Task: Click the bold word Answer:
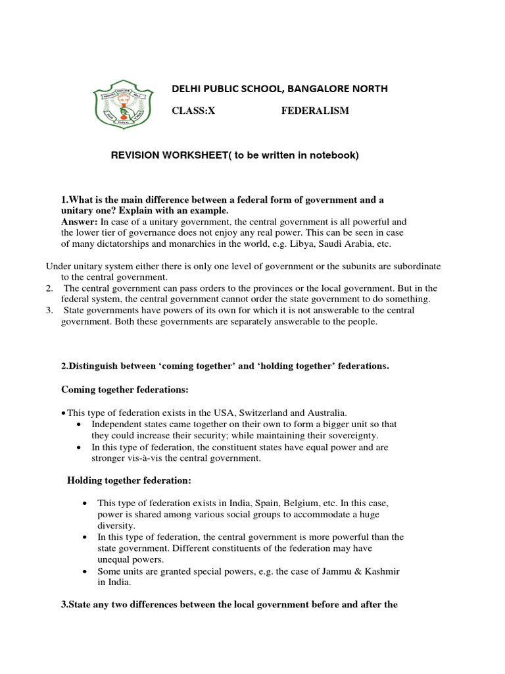[x=80, y=222]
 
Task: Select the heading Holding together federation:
[x=129, y=480]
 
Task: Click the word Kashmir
[x=380, y=571]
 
